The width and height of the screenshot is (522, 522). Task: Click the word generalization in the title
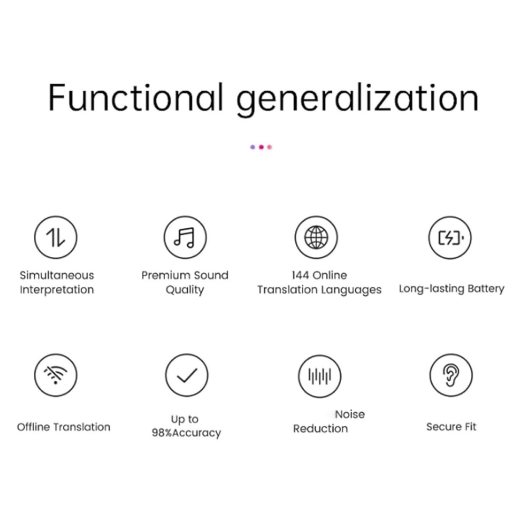pyautogui.click(x=357, y=100)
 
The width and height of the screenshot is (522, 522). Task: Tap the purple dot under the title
pyautogui.click(x=253, y=147)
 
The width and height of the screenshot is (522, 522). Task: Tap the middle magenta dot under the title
pyautogui.click(x=262, y=147)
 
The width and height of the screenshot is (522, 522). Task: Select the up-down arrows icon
pyautogui.click(x=55, y=237)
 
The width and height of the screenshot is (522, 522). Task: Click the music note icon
pyautogui.click(x=185, y=237)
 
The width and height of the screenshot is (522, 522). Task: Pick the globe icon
pyautogui.click(x=316, y=237)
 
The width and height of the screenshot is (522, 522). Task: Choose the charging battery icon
pyautogui.click(x=450, y=238)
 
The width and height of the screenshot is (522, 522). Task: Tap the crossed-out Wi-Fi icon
pyautogui.click(x=55, y=375)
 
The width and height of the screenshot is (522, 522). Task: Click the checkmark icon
pyautogui.click(x=187, y=375)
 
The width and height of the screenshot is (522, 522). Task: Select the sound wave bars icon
pyautogui.click(x=320, y=376)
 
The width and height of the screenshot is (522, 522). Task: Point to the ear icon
pyautogui.click(x=451, y=375)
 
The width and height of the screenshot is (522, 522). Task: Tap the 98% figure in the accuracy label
pyautogui.click(x=162, y=433)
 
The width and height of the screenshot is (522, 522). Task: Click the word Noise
pyautogui.click(x=350, y=414)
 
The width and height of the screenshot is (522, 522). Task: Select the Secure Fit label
pyautogui.click(x=451, y=427)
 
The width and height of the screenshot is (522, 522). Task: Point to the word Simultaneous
pyautogui.click(x=57, y=275)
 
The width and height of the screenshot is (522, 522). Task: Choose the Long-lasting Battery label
pyautogui.click(x=451, y=288)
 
